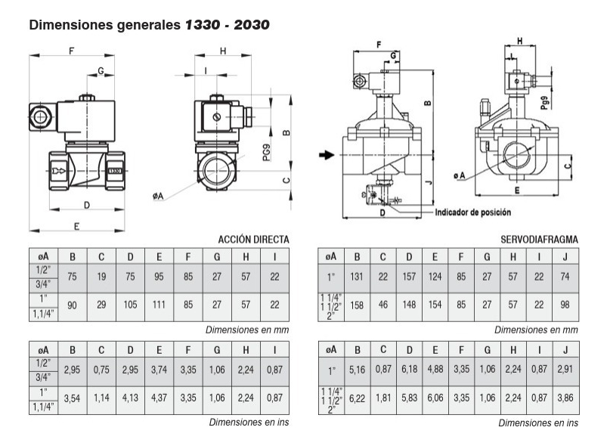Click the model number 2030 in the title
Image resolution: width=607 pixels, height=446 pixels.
pos(252,25)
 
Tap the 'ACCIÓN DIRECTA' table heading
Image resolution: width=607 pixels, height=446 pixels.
pos(253,240)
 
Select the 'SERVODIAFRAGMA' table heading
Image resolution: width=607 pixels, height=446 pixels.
pos(539,240)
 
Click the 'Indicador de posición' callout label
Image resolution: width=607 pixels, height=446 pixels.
pos(473,212)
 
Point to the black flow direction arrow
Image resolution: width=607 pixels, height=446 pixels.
pos(327,155)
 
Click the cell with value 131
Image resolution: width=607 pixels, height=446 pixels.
pos(357,277)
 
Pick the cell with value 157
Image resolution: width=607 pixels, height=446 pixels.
pos(409,277)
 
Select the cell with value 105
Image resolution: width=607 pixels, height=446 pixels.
pos(130,305)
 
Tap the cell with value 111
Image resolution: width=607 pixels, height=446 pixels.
pos(159,305)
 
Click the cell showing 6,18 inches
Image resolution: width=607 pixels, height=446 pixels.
pos(409,370)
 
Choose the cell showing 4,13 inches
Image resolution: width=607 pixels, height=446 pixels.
pos(130,398)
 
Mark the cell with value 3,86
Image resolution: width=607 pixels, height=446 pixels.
pos(565,398)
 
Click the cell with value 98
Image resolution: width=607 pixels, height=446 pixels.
pos(565,305)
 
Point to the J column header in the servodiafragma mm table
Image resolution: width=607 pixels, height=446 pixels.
pos(565,257)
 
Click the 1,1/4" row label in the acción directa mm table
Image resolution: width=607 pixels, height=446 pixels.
pos(43,314)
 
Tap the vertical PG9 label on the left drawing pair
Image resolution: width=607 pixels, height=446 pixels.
pos(267,153)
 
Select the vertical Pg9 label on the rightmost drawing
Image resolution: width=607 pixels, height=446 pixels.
pos(545,103)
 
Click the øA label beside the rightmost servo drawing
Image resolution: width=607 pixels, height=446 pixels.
pos(459,176)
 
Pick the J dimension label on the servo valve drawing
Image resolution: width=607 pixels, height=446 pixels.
pos(428,181)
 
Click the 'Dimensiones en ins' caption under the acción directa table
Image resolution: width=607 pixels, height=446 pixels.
pos(249,423)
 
